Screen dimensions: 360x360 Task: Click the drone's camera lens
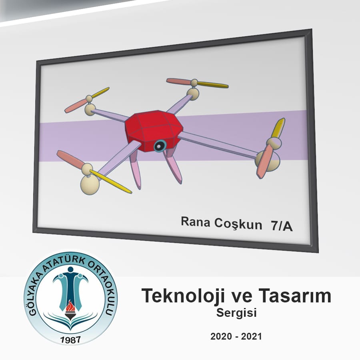(159, 146)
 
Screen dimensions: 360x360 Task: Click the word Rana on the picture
(195, 222)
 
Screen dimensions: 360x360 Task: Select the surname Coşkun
(238, 224)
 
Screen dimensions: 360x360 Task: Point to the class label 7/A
(282, 226)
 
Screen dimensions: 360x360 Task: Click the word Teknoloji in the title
(183, 296)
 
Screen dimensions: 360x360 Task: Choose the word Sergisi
(236, 313)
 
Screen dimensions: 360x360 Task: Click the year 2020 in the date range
(221, 336)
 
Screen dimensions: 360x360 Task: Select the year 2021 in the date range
(252, 336)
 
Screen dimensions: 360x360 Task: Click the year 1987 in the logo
(70, 340)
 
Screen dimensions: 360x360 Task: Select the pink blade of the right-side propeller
(264, 161)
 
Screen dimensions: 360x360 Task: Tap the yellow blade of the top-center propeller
(213, 84)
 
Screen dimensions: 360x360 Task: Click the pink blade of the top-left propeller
(76, 106)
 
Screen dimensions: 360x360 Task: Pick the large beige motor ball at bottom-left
(90, 184)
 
